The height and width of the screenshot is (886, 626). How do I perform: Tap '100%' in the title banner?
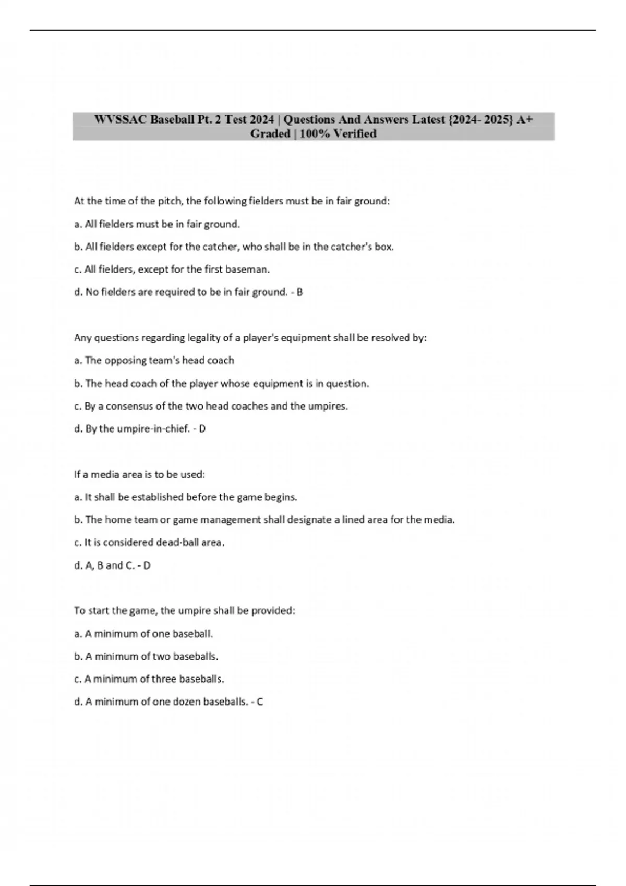[315, 134]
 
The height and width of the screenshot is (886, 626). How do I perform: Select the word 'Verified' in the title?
[355, 134]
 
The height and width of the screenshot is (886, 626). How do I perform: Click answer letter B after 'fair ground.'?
[300, 292]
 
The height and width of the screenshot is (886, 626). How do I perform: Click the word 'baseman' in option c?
[250, 270]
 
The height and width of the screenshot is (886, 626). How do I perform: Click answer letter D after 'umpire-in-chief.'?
[202, 429]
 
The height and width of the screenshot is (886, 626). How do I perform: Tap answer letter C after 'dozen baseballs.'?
[260, 702]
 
